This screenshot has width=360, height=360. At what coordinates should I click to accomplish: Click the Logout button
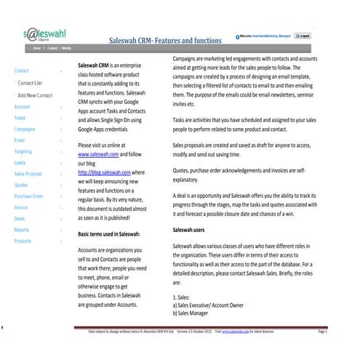click(303, 36)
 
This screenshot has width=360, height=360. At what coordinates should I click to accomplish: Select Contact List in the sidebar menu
click(30, 84)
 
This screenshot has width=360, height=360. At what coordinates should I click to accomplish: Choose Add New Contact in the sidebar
click(35, 95)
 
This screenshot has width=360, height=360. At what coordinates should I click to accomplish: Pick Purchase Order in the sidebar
click(28, 196)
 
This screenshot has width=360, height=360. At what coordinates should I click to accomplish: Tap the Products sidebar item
click(22, 241)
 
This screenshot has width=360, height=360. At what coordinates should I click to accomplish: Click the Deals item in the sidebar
click(19, 218)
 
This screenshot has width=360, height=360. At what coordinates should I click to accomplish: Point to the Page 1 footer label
click(322, 331)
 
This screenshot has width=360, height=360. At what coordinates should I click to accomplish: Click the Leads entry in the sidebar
click(20, 163)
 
